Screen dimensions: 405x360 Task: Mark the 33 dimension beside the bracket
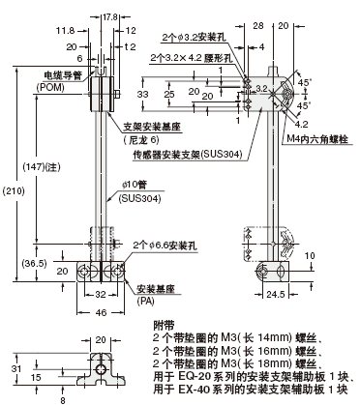point(141,95)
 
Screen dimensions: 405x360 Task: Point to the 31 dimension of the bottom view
point(14,367)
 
